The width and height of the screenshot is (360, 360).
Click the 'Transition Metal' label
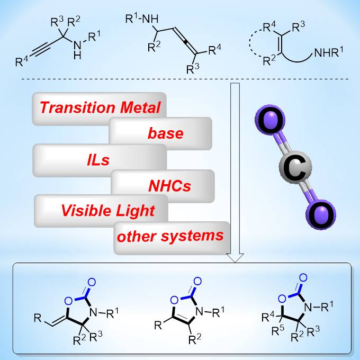(x=99, y=108)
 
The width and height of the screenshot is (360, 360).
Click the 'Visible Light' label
(x=107, y=210)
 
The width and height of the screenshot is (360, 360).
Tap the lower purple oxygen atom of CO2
(x=320, y=216)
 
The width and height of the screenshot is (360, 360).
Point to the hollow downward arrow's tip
(x=235, y=261)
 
